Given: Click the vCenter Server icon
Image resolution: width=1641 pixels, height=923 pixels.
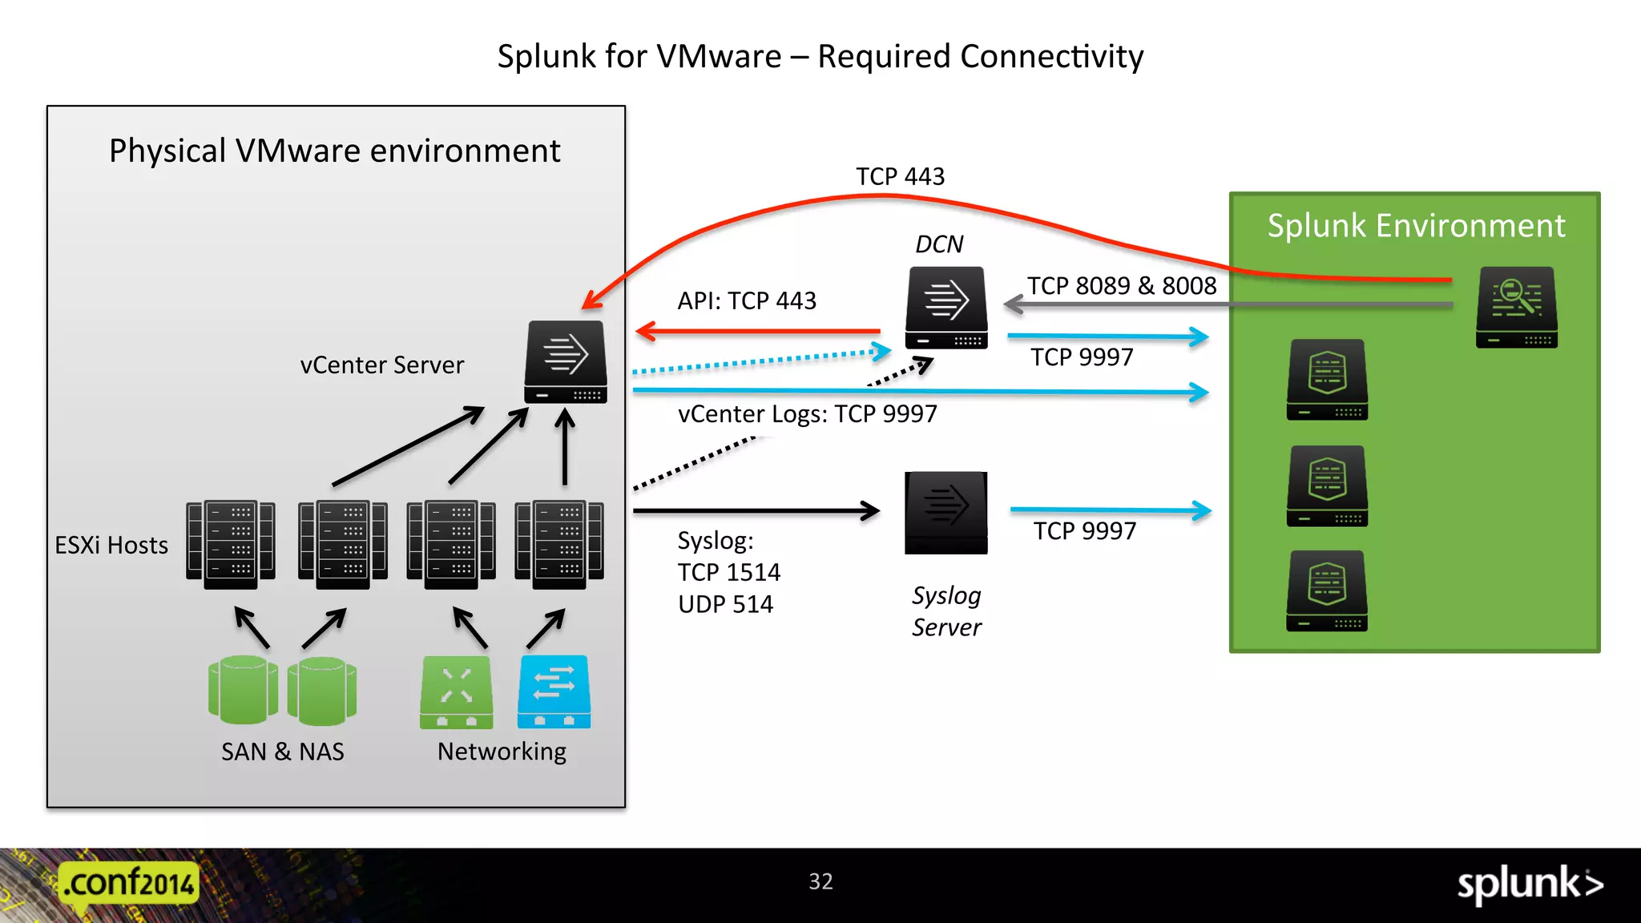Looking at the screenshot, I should coord(566,362).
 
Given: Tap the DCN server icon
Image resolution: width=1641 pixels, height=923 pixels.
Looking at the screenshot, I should coord(946,308).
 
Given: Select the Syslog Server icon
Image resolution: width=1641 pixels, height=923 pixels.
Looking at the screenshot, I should coord(946,513).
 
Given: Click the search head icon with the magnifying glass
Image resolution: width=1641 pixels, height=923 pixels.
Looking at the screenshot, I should coord(1517,307).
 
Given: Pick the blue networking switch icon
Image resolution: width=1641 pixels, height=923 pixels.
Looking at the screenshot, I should coord(554,691).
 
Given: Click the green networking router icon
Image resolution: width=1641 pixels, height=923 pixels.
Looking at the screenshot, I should coord(457,691).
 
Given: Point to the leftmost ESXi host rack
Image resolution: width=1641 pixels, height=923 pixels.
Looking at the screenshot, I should coord(231,545).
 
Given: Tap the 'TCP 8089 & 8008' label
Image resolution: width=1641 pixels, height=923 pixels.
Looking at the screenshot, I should coord(1122,286).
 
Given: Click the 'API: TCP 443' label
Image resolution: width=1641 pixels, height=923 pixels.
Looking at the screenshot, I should coord(747,300).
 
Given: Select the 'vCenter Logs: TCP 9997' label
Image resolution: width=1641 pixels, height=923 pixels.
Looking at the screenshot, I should coord(807,414).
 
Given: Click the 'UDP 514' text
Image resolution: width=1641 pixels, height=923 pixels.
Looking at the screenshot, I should coord(725,604).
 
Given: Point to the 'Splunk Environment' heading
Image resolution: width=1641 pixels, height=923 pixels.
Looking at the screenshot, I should coord(1416,226).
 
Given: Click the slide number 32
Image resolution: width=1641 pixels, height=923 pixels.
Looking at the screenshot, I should coord(820,881).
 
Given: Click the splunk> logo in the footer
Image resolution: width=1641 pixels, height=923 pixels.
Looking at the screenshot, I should coord(1530,884).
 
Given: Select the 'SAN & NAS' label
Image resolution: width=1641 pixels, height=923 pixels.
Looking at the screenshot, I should coord(283,752).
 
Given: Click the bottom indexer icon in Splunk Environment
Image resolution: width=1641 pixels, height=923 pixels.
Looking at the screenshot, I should coord(1327,590).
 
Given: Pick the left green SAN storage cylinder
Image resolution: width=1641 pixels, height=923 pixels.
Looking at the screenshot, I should coord(243,689).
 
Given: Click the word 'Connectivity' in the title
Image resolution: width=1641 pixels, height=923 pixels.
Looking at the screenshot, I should coord(1051,57).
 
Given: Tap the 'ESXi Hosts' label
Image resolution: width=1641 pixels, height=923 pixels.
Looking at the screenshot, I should coord(111,546).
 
